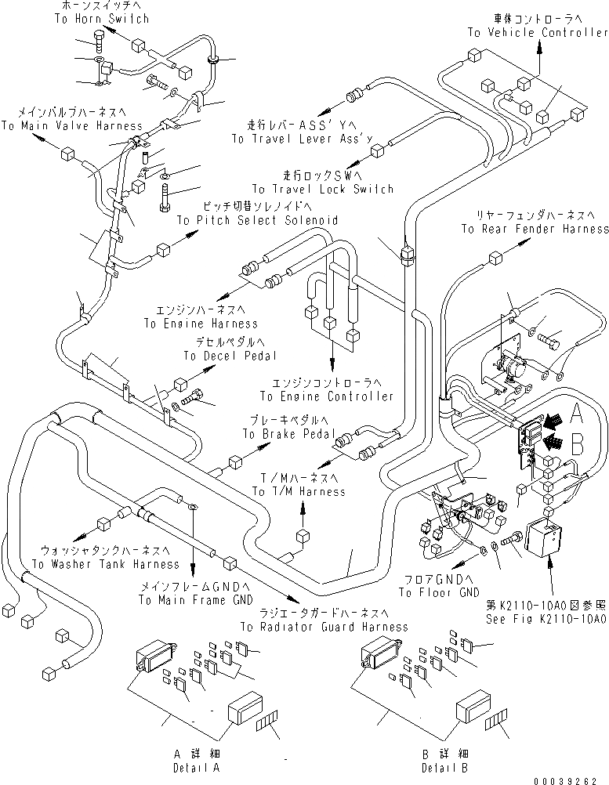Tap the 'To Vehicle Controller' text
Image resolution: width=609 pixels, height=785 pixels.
click(538, 33)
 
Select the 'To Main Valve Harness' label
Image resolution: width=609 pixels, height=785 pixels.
click(72, 125)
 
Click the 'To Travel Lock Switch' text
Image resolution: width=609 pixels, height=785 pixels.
click(322, 190)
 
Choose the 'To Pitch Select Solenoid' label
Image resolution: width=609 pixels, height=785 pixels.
click(257, 221)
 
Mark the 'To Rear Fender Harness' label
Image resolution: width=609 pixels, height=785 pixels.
click(535, 230)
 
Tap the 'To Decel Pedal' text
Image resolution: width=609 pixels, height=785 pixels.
click(230, 356)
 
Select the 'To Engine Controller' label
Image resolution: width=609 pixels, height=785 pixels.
click(327, 396)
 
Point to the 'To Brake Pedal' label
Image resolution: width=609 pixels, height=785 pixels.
click(289, 434)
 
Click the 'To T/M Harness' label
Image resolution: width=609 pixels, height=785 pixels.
click(299, 491)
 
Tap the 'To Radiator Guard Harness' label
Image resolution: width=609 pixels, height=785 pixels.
click(324, 627)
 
